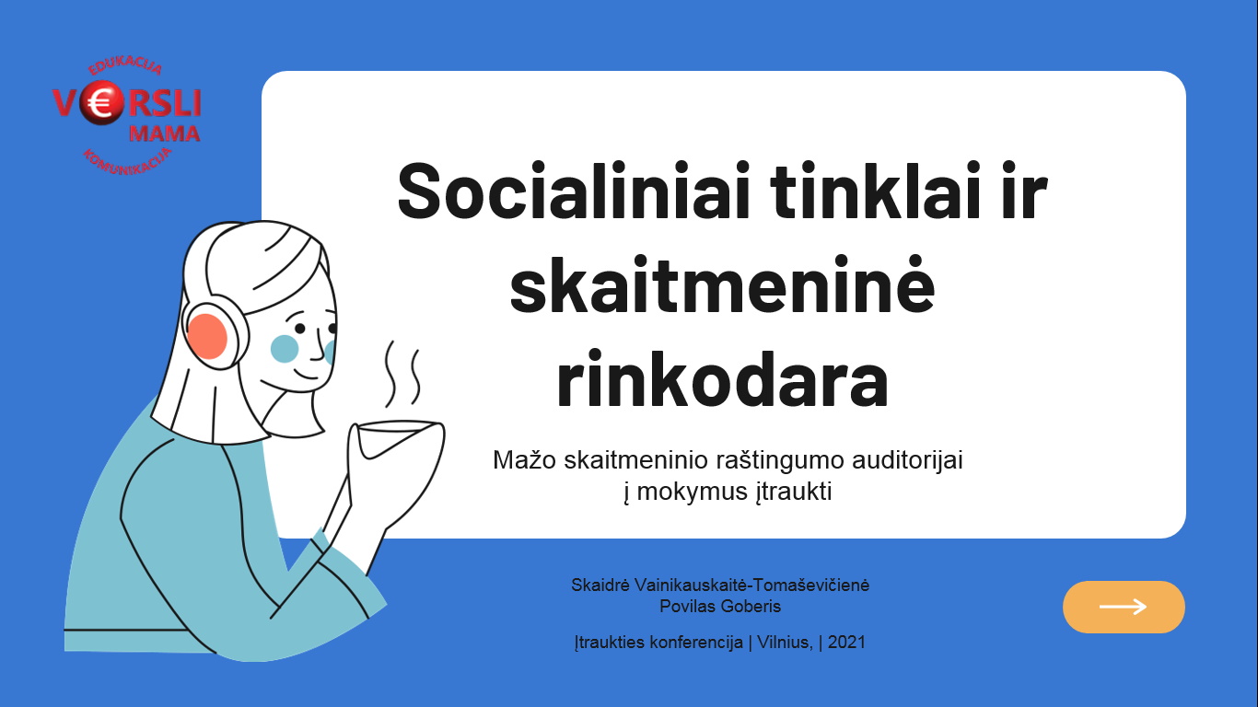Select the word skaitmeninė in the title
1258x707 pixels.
point(722,284)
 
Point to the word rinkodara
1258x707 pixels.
point(722,378)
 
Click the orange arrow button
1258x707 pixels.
point(1124,607)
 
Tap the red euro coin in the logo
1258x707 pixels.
point(101,104)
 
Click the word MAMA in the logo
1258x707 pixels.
point(164,134)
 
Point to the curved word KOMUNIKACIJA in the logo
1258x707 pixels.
point(127,162)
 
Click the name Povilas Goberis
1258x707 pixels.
point(720,607)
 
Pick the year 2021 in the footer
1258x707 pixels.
point(846,642)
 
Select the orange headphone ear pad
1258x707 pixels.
point(206,336)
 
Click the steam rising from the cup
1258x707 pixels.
point(402,373)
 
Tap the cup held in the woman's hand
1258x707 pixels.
point(398,440)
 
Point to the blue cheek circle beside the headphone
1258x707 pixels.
point(285,349)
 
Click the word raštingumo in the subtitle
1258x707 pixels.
point(780,460)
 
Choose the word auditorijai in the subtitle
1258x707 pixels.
point(907,460)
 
